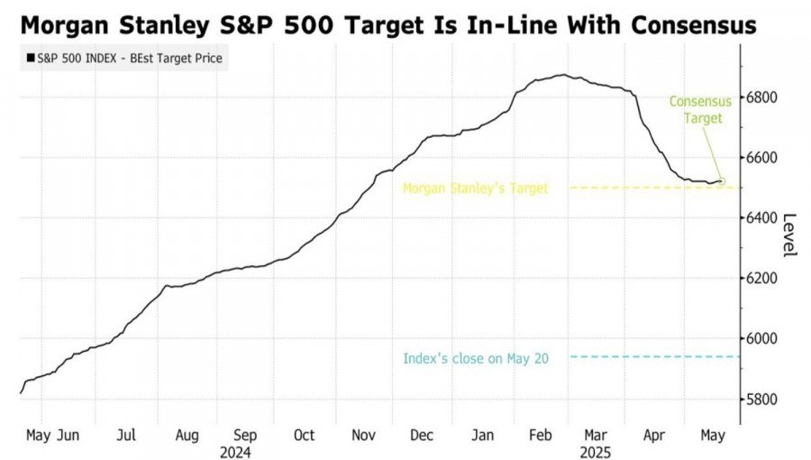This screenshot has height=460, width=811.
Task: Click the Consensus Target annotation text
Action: click(700, 109)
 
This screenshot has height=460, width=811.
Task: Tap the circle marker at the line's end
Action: click(721, 181)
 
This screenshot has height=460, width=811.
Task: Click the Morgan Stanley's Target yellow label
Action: click(475, 188)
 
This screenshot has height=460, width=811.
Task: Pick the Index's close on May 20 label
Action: click(475, 358)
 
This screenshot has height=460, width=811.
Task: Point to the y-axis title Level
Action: click(789, 235)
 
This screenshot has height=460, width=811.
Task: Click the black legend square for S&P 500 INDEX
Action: click(32, 59)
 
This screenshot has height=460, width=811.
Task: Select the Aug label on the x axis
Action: click(187, 436)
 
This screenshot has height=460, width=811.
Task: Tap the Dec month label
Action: click(422, 436)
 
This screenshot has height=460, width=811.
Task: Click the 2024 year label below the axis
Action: click(235, 452)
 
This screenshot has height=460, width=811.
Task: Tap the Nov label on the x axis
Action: click(363, 436)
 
